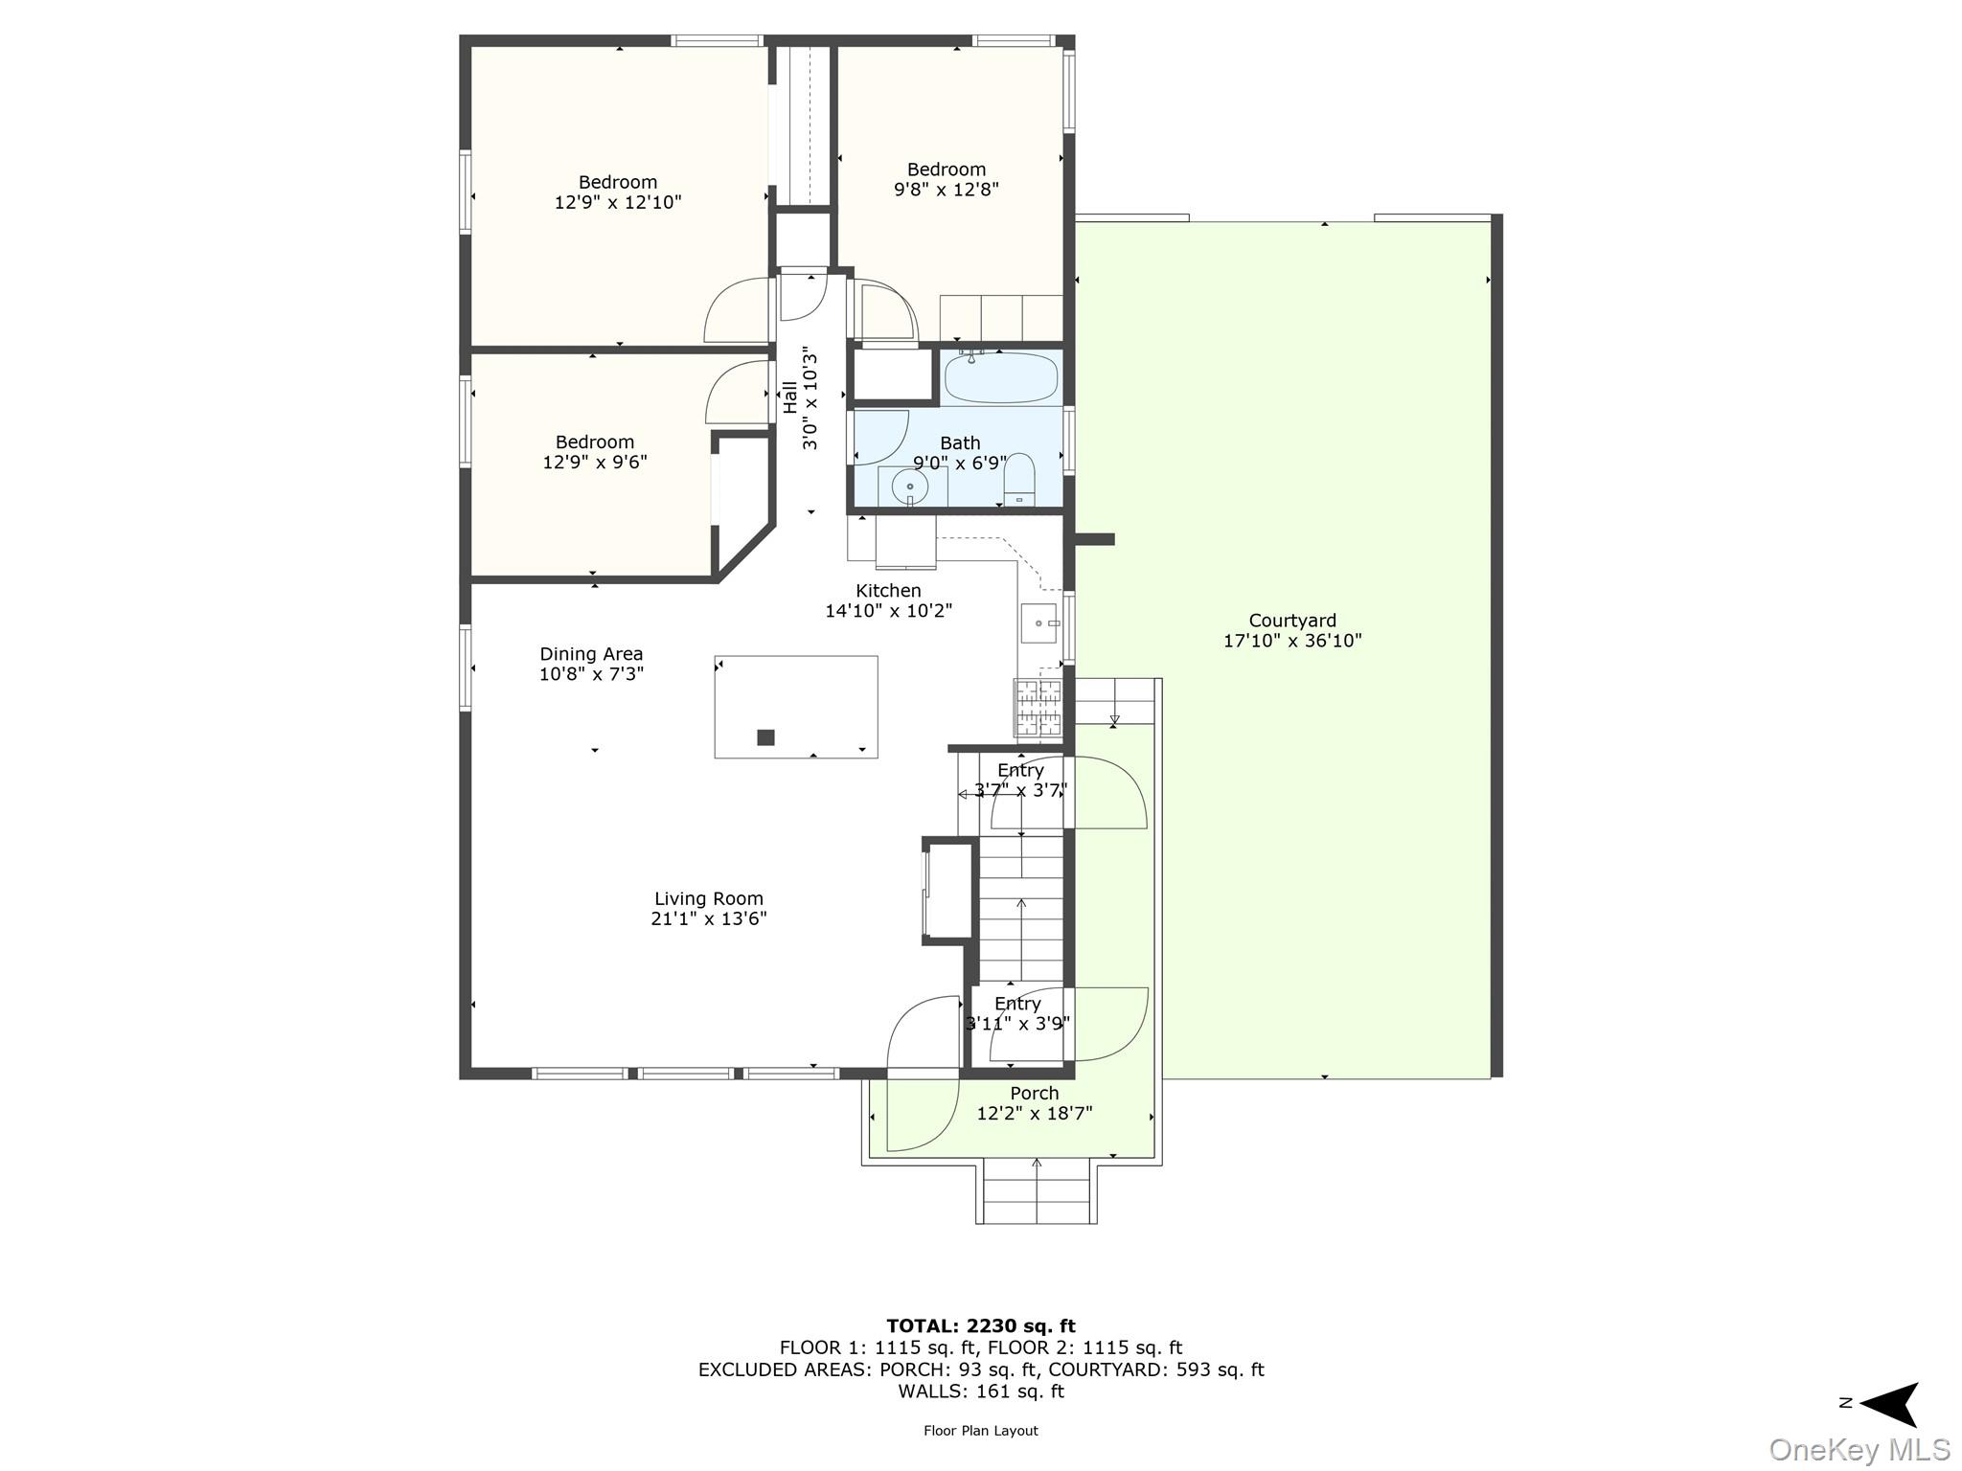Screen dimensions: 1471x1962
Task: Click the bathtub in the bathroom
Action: click(x=1001, y=379)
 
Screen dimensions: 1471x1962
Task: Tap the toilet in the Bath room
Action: click(x=1019, y=478)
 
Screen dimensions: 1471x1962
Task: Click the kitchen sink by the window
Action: click(x=1038, y=623)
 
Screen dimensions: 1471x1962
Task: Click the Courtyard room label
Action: click(x=1291, y=621)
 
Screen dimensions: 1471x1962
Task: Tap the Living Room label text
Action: click(x=708, y=898)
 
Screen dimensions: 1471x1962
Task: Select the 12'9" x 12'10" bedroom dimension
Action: click(x=618, y=203)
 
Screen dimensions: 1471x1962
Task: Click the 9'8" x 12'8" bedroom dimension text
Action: click(x=947, y=190)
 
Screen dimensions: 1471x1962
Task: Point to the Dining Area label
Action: click(x=591, y=654)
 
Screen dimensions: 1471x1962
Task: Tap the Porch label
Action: click(x=1035, y=1093)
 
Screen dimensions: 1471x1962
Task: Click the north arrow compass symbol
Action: click(x=1889, y=1404)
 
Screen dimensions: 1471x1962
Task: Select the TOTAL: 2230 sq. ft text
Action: click(x=980, y=1326)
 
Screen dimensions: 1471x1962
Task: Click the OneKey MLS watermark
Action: click(x=1859, y=1450)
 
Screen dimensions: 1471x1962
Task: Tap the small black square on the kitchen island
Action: click(x=765, y=737)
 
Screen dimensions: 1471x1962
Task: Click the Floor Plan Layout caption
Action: click(x=980, y=1431)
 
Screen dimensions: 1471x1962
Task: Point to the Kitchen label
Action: click(x=888, y=591)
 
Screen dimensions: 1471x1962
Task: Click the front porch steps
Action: click(x=1037, y=1192)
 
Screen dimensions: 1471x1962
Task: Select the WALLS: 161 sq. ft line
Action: click(x=980, y=1392)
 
